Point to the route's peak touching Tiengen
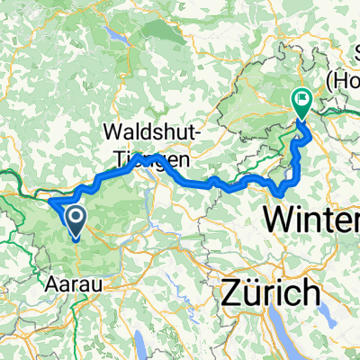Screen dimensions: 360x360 (157, 157)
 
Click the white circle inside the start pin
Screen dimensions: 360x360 (76, 216)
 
